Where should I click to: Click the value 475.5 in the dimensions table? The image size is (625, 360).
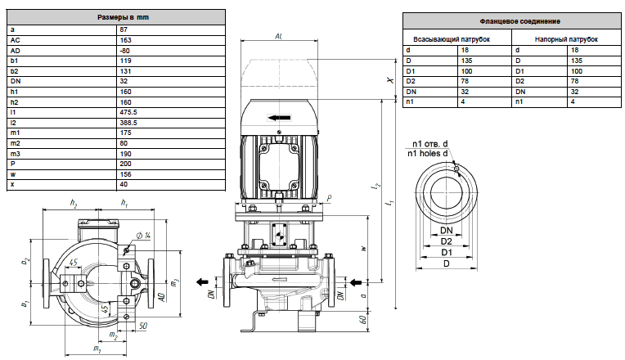128,112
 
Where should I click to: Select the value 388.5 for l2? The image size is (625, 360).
128,123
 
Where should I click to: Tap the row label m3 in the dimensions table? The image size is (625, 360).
16,154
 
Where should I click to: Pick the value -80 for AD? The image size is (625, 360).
125,51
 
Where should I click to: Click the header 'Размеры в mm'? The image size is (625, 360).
124,17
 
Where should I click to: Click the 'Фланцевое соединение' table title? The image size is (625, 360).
519,21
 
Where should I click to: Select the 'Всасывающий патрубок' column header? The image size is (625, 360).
452,39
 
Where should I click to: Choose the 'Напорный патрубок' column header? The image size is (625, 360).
566,39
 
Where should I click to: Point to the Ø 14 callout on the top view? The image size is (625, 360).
144,236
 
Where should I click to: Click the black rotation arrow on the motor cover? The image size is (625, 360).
280,118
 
